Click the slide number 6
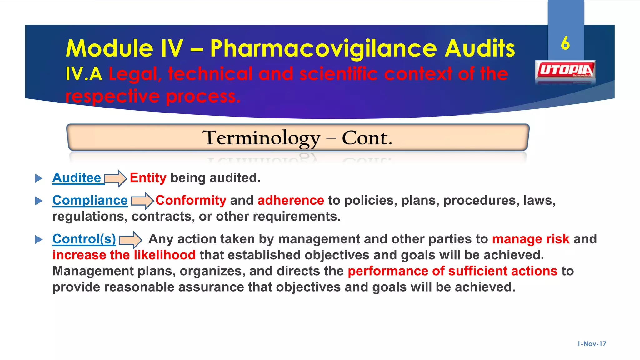point(565,43)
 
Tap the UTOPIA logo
point(565,70)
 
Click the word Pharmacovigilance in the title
point(323,49)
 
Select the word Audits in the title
point(480,49)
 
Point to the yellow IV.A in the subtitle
point(84,74)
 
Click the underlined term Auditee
point(77,178)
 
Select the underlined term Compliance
point(90,200)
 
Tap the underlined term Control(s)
point(84,239)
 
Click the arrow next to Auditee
point(115,178)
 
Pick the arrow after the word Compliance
point(142,201)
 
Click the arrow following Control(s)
point(131,240)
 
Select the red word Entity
point(148,178)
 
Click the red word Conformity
point(191,200)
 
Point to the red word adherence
point(291,200)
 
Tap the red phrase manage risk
point(531,239)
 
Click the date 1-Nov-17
point(591,344)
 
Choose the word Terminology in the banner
point(261,138)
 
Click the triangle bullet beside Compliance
point(39,201)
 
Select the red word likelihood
point(165,255)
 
